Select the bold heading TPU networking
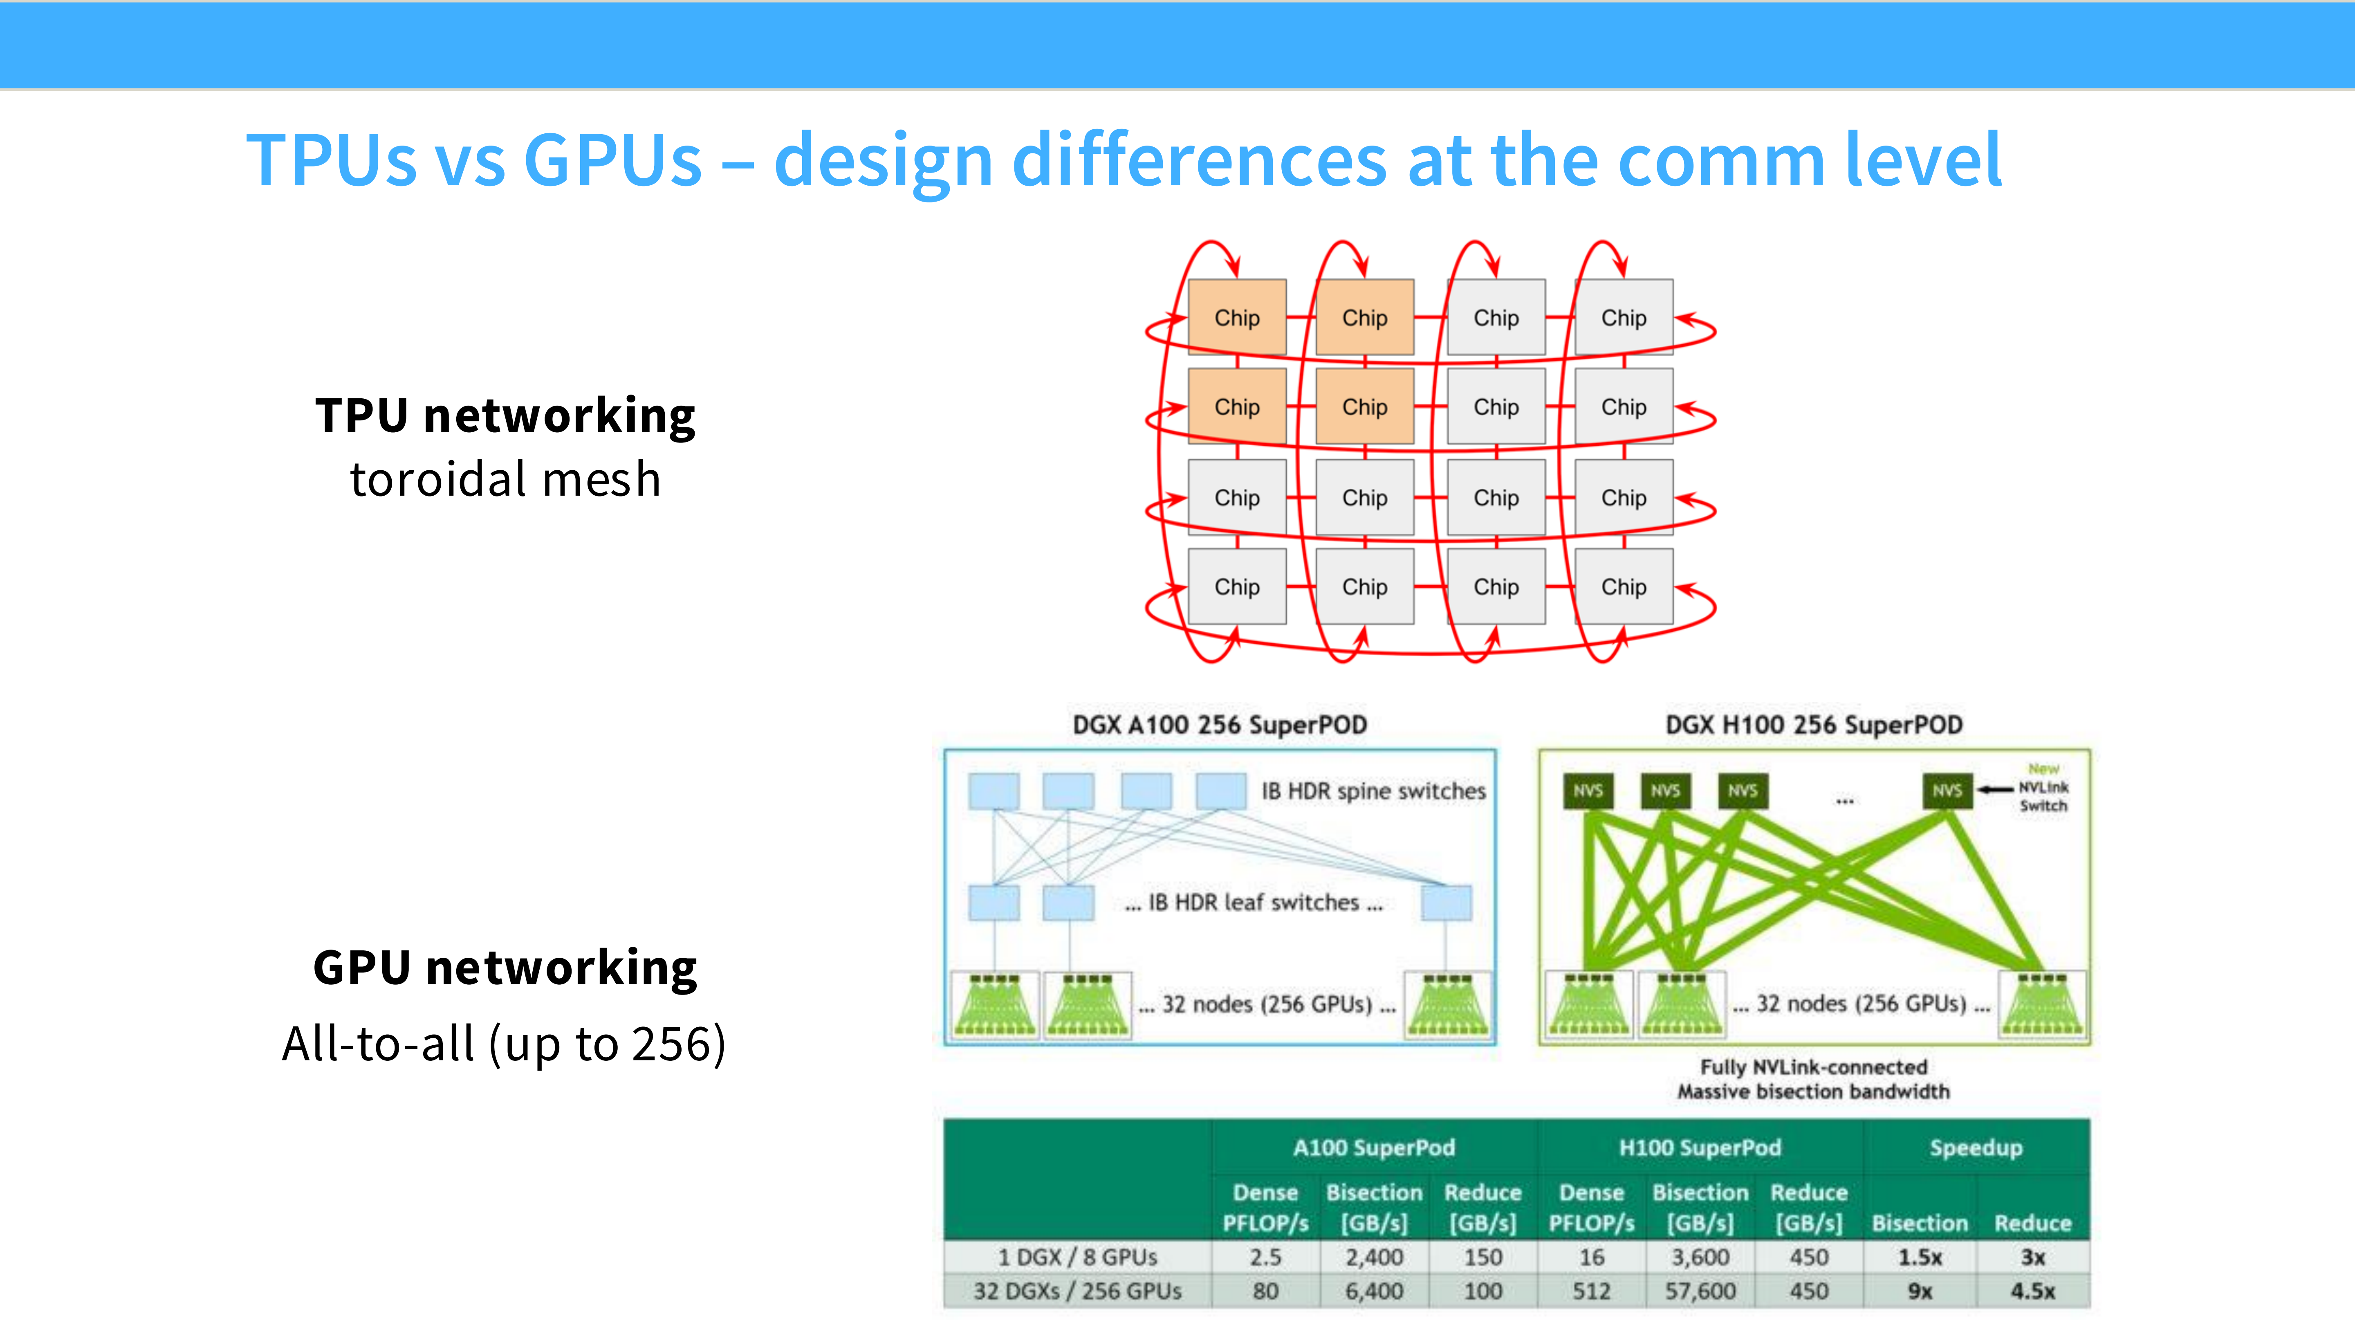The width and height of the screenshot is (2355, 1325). tap(505, 416)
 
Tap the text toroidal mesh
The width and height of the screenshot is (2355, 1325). tap(505, 479)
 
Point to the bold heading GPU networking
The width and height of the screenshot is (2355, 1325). tap(505, 968)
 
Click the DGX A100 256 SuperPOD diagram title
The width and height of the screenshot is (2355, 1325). tap(1220, 725)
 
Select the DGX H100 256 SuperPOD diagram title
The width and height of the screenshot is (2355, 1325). tap(1814, 725)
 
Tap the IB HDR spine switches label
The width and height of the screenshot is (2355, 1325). tap(1373, 791)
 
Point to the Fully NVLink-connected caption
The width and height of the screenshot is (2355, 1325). tap(1814, 1067)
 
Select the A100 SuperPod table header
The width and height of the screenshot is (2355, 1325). tap(1373, 1148)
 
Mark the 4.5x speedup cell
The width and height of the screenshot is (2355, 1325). tap(2032, 1291)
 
